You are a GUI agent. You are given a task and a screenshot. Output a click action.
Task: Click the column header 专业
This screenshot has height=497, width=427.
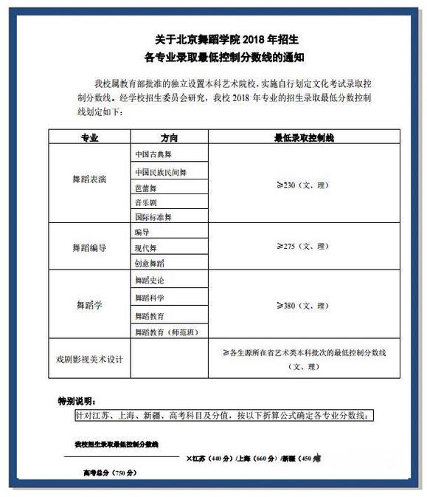(x=89, y=137)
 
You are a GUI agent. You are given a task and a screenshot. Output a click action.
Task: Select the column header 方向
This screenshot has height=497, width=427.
(x=169, y=137)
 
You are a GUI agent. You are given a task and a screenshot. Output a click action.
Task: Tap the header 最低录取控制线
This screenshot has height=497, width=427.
(x=305, y=137)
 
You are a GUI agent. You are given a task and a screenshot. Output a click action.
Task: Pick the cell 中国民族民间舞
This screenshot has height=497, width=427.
(x=161, y=172)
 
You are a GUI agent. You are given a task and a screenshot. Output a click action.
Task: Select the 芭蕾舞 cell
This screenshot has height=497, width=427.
(x=146, y=188)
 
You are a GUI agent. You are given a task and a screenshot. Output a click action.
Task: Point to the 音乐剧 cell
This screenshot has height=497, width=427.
(x=146, y=202)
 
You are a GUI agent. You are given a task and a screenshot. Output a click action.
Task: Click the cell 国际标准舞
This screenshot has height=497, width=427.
(x=153, y=217)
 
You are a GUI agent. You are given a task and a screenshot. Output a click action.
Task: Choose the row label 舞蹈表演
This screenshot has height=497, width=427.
(x=89, y=180)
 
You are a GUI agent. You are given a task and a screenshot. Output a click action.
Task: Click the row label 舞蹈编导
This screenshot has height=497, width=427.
(x=89, y=247)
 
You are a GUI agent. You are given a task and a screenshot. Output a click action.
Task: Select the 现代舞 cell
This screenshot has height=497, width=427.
(x=146, y=247)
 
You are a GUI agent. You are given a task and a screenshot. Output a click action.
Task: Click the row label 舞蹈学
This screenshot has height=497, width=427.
(x=89, y=304)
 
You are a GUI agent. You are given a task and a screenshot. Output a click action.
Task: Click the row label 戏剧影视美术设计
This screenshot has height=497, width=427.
(x=89, y=360)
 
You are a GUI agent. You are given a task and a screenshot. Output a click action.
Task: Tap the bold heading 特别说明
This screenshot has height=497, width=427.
(x=76, y=401)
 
